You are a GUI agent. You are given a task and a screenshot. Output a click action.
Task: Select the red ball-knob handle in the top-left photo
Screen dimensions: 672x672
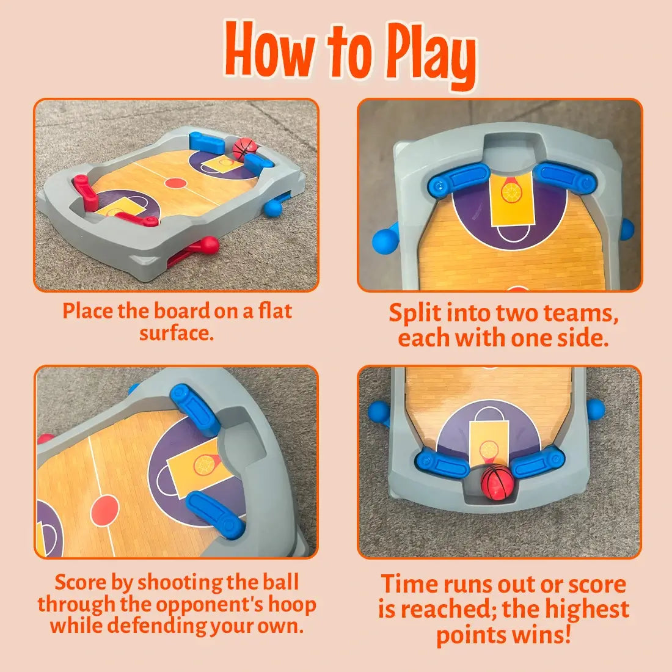pos(210,244)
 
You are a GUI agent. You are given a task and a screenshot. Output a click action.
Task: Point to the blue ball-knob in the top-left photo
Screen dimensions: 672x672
pos(273,208)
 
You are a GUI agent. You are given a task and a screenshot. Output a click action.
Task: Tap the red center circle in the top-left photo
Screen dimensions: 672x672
pos(175,182)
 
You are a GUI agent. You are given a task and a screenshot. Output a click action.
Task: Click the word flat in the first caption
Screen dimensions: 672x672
pos(275,311)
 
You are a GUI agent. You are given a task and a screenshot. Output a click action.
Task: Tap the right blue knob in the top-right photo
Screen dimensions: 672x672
pos(627,228)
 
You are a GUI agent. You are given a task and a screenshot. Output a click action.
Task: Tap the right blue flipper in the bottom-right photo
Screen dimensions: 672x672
pos(538,463)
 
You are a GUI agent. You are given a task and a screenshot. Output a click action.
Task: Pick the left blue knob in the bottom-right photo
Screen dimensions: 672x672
pos(377,412)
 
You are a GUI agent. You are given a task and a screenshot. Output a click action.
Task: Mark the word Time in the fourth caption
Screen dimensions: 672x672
pos(408,584)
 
